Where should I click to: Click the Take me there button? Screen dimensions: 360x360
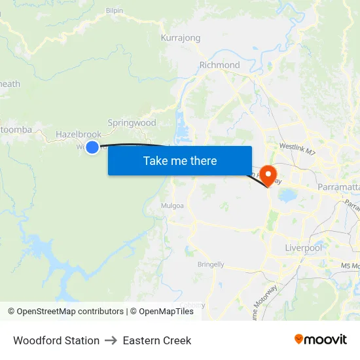[x=180, y=160]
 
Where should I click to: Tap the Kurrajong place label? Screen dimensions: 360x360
[x=181, y=38]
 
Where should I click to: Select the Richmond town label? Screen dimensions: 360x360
[x=219, y=65]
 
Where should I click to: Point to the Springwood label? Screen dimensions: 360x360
[x=132, y=122]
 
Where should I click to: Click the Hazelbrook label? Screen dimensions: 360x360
[x=79, y=134]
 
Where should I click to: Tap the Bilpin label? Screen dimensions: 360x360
[x=115, y=11]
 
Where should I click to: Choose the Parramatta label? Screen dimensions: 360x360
[x=338, y=187]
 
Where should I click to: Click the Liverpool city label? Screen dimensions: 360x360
[x=304, y=248]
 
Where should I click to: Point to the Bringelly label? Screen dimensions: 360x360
[x=211, y=264]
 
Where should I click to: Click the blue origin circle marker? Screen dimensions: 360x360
[x=92, y=147]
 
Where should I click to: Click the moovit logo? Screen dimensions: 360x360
[x=321, y=340]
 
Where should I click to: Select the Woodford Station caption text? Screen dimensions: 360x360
[x=56, y=340]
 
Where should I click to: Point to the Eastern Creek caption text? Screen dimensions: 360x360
[x=157, y=340]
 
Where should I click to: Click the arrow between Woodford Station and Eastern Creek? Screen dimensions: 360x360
[x=111, y=340]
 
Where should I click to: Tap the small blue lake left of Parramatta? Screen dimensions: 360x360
[x=287, y=196]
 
